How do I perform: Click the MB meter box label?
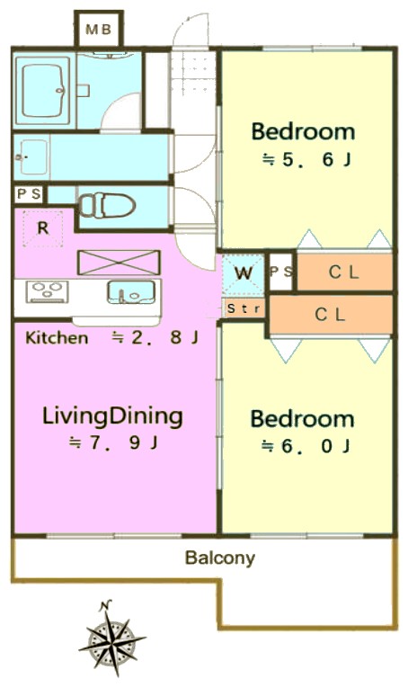click(x=99, y=30)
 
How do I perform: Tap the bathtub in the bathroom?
click(x=42, y=91)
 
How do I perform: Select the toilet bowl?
click(x=107, y=205)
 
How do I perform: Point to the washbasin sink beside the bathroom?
click(x=31, y=156)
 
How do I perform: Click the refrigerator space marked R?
click(x=42, y=228)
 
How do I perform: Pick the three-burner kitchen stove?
click(x=48, y=292)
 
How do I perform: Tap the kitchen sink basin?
click(x=131, y=292)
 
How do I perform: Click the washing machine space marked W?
click(x=243, y=273)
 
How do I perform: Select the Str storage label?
click(x=244, y=308)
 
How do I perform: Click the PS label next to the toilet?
click(x=30, y=193)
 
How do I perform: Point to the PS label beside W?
click(x=281, y=272)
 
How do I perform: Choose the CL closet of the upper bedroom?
click(x=344, y=272)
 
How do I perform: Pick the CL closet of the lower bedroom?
click(x=331, y=315)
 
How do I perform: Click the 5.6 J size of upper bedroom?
click(x=306, y=159)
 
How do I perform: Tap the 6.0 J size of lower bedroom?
click(x=306, y=447)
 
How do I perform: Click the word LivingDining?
click(x=112, y=416)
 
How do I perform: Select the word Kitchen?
click(x=57, y=338)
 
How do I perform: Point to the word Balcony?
click(x=220, y=558)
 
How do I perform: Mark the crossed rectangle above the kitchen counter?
click(x=119, y=263)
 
